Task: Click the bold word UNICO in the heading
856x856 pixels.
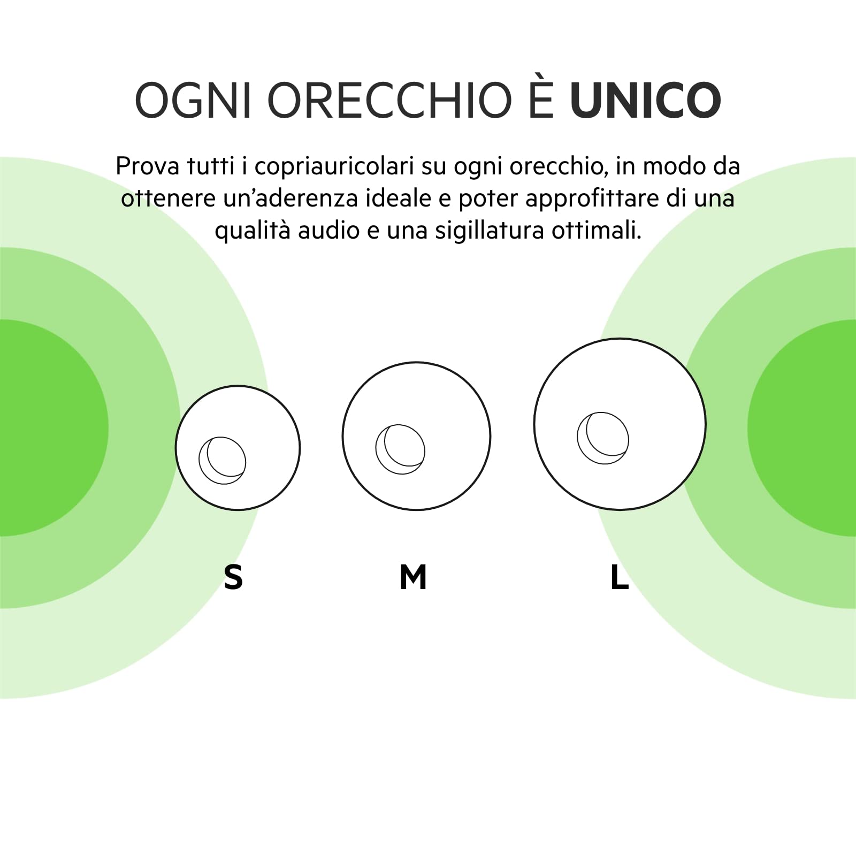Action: [646, 100]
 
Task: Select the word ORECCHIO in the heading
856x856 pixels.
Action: [390, 100]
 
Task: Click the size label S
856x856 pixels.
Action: [233, 577]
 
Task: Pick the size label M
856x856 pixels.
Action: [413, 577]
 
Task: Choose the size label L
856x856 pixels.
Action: [620, 577]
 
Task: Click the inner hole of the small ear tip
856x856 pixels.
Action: [223, 460]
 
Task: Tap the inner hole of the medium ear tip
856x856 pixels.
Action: [400, 449]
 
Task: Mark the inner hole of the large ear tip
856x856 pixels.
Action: [603, 438]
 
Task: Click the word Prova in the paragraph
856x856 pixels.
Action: [147, 166]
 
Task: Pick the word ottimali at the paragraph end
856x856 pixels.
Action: [597, 231]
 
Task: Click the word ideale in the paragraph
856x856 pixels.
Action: [399, 198]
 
